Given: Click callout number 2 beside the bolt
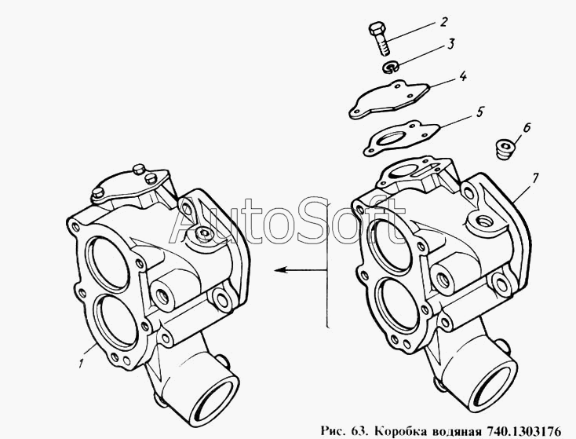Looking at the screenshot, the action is [443, 22].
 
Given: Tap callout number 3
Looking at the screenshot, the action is [450, 44].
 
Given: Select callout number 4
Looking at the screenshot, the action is [462, 76].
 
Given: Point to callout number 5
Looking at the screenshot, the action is [480, 112].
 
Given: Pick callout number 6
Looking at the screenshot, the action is [526, 127].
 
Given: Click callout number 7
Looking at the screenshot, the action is [534, 178].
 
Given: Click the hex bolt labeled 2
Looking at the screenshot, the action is [379, 38].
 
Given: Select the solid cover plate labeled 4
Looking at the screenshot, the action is [388, 100].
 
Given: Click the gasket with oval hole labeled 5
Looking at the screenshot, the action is [401, 137].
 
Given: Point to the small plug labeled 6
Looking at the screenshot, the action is [505, 149].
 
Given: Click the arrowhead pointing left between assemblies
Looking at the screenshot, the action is [281, 270].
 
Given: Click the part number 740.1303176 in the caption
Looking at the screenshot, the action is [524, 430].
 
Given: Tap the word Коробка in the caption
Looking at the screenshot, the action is [396, 431].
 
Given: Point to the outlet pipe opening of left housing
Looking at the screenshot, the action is [216, 402].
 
